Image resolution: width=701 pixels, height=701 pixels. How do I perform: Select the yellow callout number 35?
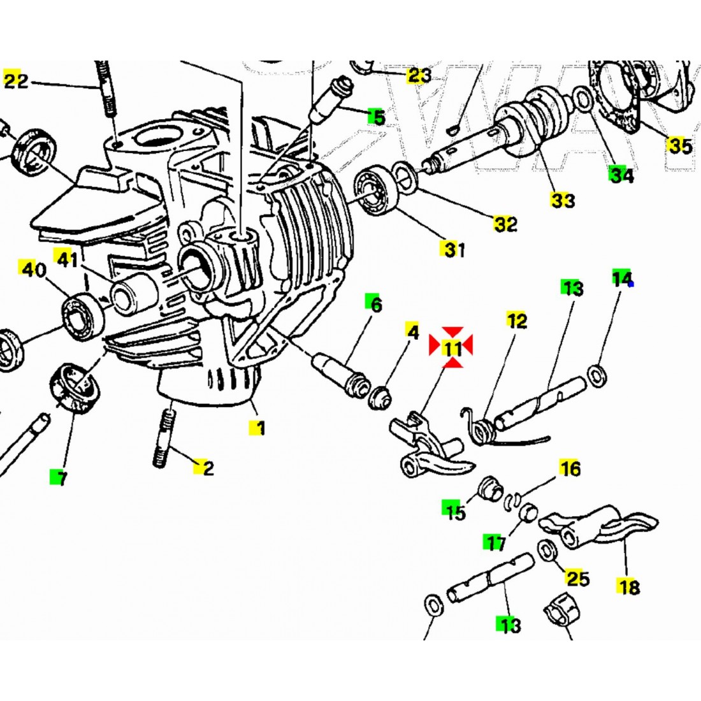(x=679, y=145)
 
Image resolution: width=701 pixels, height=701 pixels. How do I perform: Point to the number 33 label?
(x=563, y=201)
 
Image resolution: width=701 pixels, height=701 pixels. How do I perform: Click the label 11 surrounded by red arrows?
(x=452, y=348)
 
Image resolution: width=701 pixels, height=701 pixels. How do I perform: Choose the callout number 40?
(x=34, y=270)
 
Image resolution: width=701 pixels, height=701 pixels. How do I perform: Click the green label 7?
(x=61, y=478)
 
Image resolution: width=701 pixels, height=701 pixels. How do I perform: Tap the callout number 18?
(x=628, y=586)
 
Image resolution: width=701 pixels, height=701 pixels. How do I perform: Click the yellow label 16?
(x=570, y=469)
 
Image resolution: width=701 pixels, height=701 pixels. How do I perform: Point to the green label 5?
(x=378, y=117)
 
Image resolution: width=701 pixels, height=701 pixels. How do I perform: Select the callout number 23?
(x=419, y=76)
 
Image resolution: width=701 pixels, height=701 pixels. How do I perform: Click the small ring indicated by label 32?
(x=403, y=175)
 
